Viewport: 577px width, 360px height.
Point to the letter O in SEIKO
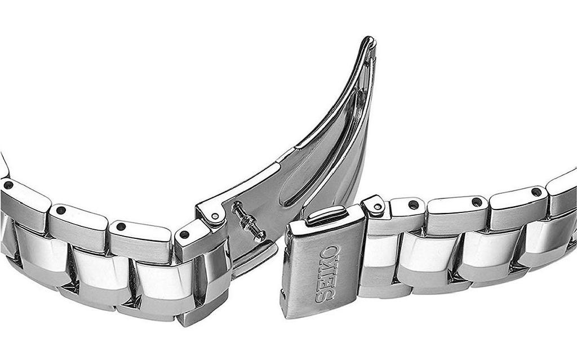[330, 251]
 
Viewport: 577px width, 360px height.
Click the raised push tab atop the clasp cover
[326, 215]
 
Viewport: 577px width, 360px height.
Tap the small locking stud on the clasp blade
[248, 221]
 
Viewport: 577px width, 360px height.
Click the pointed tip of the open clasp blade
[370, 39]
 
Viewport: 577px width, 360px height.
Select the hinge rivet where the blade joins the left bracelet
[214, 216]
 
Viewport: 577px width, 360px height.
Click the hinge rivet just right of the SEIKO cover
[377, 207]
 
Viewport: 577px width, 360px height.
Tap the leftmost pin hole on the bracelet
[8, 185]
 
